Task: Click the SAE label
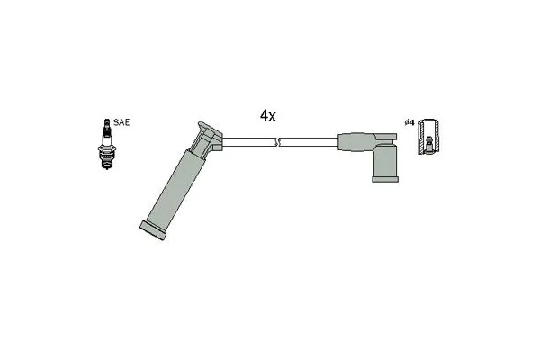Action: coord(121,122)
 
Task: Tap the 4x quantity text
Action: coord(268,116)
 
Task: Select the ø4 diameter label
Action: coord(409,122)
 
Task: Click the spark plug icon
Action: coord(107,144)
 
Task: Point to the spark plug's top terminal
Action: coord(107,122)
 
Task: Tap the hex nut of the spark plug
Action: coord(107,149)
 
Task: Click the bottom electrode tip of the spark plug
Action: coord(107,167)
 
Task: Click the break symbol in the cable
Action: coord(277,142)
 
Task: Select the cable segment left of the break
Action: coord(249,142)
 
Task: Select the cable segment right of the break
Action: coord(309,142)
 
